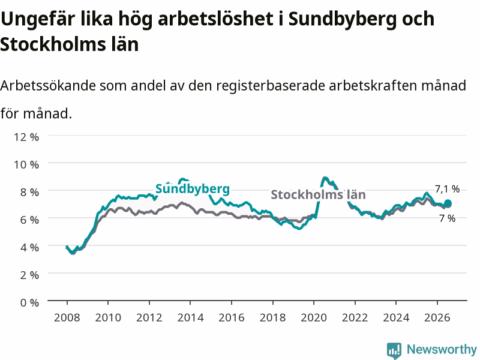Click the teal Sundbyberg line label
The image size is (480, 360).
[193, 188]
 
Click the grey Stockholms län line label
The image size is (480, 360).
[318, 194]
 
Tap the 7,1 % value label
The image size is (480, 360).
[447, 189]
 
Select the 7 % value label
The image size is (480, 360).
[447, 218]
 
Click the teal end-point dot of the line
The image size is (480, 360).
[448, 203]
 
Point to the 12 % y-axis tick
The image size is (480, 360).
[26, 137]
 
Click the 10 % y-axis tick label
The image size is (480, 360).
[26, 164]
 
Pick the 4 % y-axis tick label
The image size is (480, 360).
[29, 247]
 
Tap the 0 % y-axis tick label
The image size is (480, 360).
[29, 303]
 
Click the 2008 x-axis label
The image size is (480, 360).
[67, 317]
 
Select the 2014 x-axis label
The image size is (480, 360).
[190, 317]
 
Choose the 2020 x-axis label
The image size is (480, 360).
[314, 317]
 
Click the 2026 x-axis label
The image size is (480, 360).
[437, 317]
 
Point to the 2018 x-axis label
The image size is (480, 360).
[273, 317]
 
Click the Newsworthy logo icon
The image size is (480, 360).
[394, 350]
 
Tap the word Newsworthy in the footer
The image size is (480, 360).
[442, 349]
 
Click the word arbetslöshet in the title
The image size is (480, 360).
[215, 19]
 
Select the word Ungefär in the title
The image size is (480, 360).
[38, 20]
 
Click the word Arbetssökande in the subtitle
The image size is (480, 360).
[48, 85]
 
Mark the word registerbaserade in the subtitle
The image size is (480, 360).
[271, 86]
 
